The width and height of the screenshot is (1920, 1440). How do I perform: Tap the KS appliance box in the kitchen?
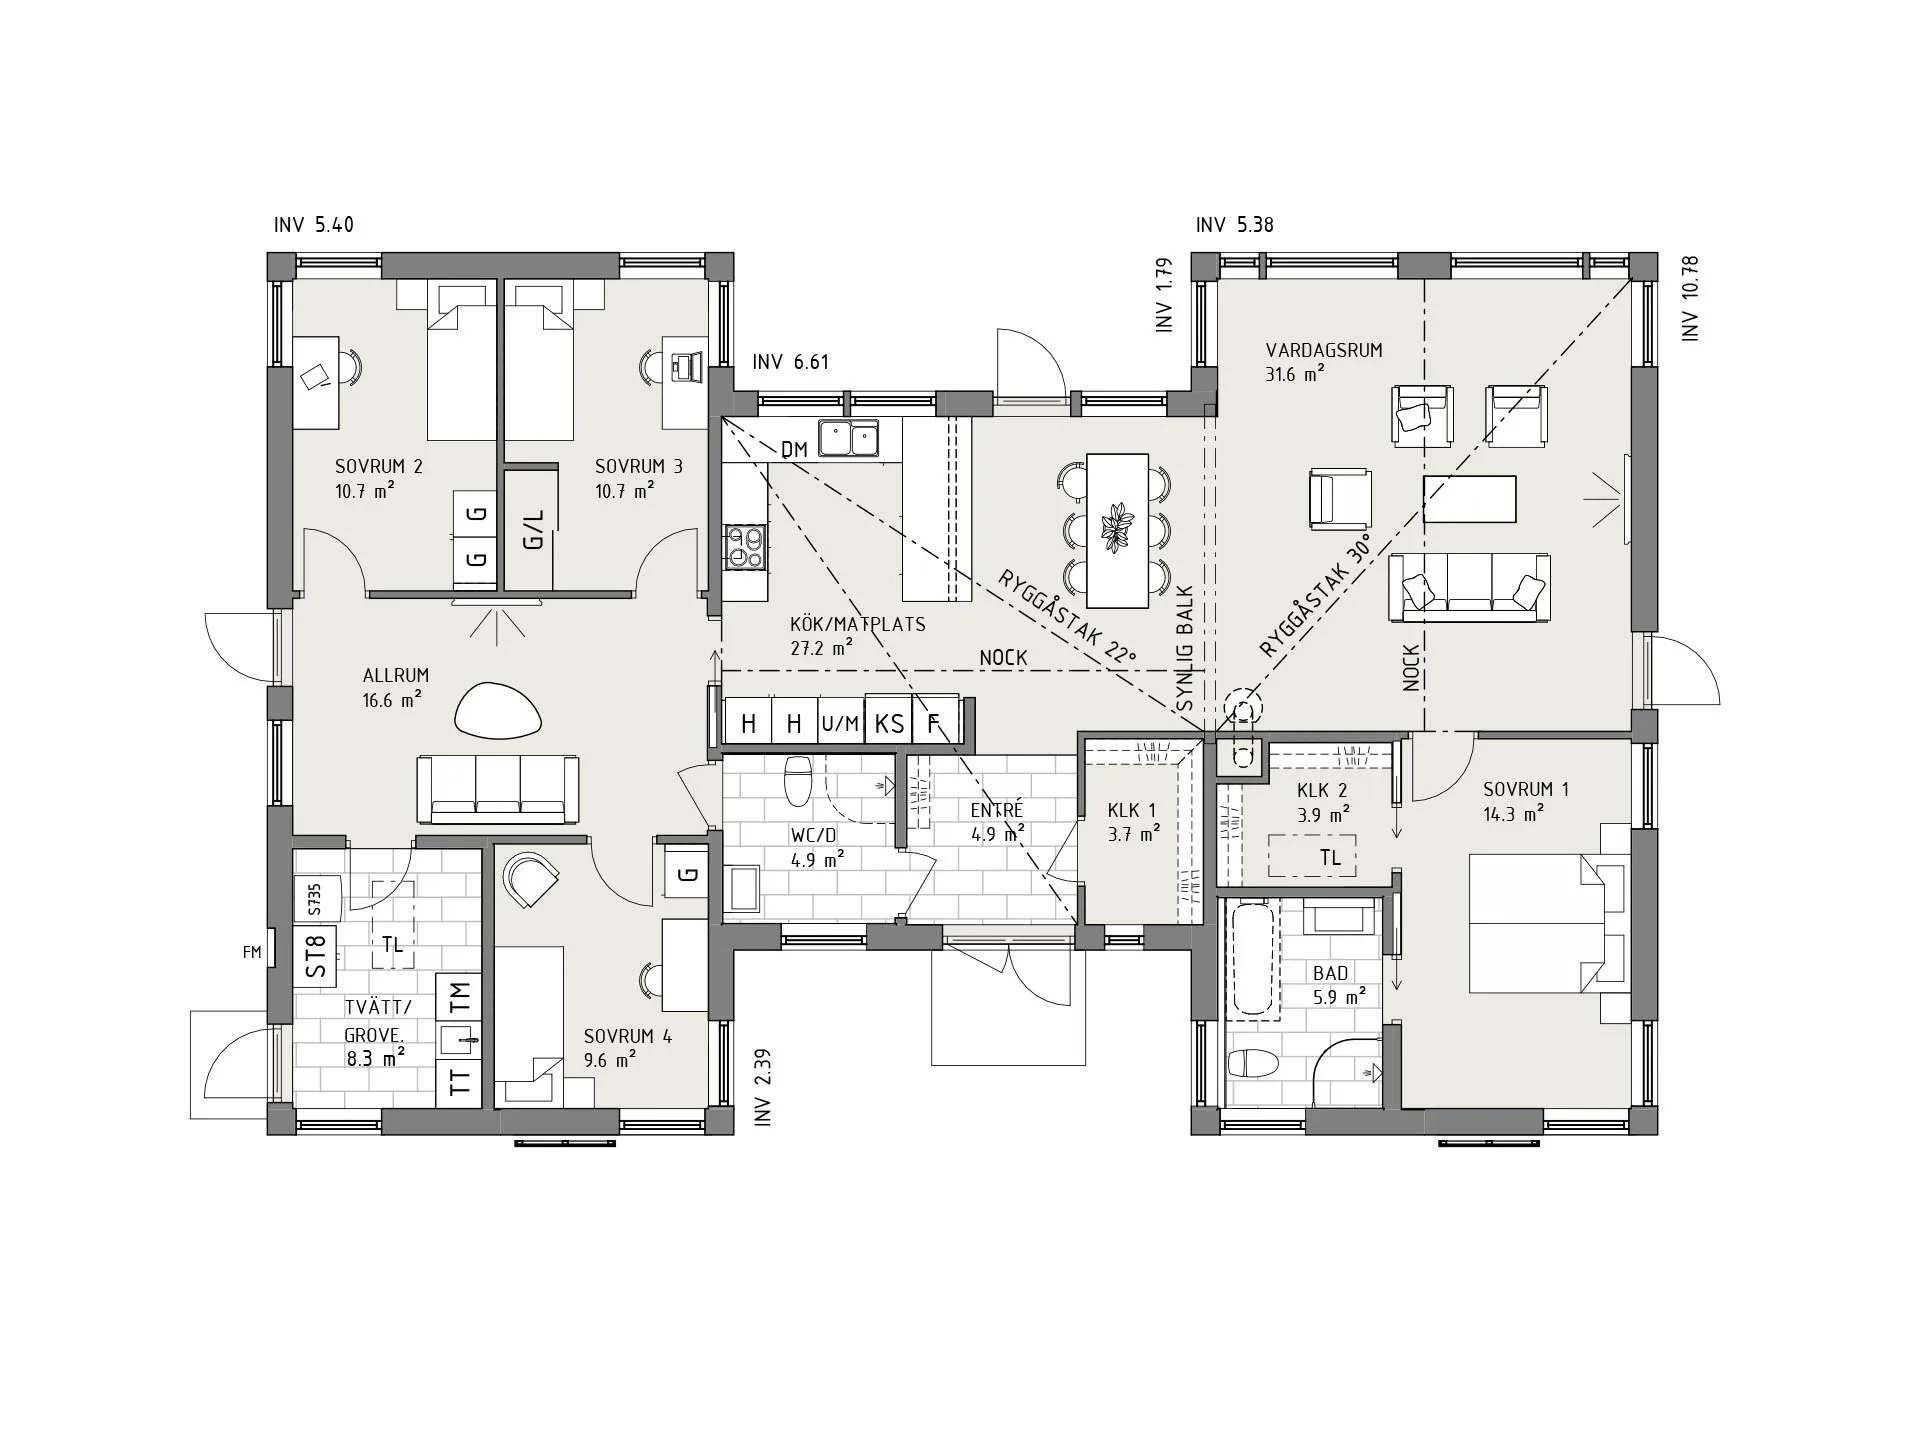(x=889, y=723)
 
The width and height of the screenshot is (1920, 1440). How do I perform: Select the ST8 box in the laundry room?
(x=316, y=955)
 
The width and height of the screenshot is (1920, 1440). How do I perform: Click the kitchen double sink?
(x=848, y=438)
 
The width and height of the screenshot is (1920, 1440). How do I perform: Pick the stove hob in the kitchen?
(x=745, y=547)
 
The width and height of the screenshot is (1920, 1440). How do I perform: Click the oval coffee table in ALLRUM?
(x=498, y=710)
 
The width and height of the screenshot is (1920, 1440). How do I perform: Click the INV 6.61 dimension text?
(x=791, y=362)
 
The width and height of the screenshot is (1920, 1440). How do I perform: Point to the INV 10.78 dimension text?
(x=1691, y=299)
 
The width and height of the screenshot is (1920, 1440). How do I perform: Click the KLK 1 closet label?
(x=1132, y=811)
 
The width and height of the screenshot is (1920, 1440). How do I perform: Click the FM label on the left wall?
(x=252, y=953)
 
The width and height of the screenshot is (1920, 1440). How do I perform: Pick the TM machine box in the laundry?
(x=459, y=995)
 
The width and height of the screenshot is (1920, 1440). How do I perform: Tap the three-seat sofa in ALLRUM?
(x=498, y=789)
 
